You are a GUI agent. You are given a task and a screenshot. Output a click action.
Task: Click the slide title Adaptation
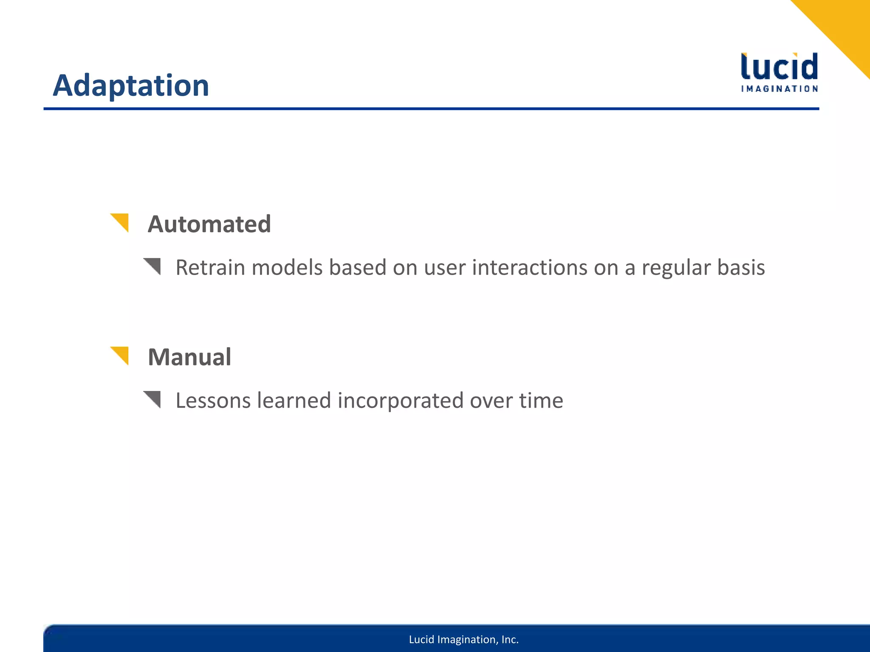[x=131, y=86]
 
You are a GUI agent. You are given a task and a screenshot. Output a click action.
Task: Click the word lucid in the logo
[x=779, y=67]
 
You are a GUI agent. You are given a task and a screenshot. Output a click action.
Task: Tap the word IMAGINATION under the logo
[x=779, y=89]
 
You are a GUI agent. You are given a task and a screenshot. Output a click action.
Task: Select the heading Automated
[x=209, y=224]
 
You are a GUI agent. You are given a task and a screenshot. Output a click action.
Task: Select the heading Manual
[x=189, y=357]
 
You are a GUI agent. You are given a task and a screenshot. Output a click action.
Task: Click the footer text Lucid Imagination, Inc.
[x=463, y=640]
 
